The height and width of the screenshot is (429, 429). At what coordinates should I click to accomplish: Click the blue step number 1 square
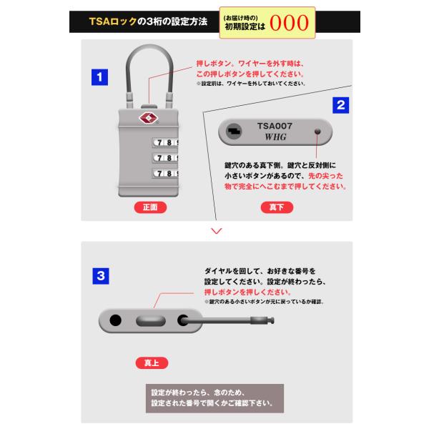(x=99, y=77)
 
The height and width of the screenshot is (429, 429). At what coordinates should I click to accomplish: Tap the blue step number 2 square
(x=340, y=105)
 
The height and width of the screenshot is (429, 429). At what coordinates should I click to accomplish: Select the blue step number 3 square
(x=101, y=276)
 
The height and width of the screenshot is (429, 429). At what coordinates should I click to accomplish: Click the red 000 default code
(x=289, y=23)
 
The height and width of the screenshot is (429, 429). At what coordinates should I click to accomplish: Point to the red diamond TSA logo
(x=149, y=118)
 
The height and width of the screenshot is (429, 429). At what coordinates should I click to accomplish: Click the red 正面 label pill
(x=150, y=207)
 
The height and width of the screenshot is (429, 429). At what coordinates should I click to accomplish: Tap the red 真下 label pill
(x=277, y=207)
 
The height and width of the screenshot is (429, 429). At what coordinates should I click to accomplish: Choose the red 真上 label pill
(x=152, y=363)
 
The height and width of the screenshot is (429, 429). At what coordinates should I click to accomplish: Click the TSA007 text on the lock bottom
(x=275, y=126)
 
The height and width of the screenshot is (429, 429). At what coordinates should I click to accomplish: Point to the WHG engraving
(x=275, y=137)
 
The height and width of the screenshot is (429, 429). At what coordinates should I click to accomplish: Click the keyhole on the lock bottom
(x=234, y=132)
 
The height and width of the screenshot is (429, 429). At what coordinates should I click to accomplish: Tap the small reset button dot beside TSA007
(x=317, y=132)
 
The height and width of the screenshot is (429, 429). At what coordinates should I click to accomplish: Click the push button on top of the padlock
(x=149, y=107)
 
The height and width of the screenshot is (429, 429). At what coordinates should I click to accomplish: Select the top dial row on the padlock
(x=165, y=142)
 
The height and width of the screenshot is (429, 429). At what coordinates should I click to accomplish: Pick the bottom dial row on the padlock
(x=165, y=174)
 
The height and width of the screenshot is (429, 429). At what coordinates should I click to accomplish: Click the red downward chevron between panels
(x=217, y=231)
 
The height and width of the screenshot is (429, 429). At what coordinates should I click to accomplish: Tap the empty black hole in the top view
(x=115, y=320)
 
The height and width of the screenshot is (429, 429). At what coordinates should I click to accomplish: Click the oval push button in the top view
(x=151, y=320)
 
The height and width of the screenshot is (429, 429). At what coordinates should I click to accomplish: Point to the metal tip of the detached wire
(x=262, y=320)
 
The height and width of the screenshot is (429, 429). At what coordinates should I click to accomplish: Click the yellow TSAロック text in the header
(x=113, y=21)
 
